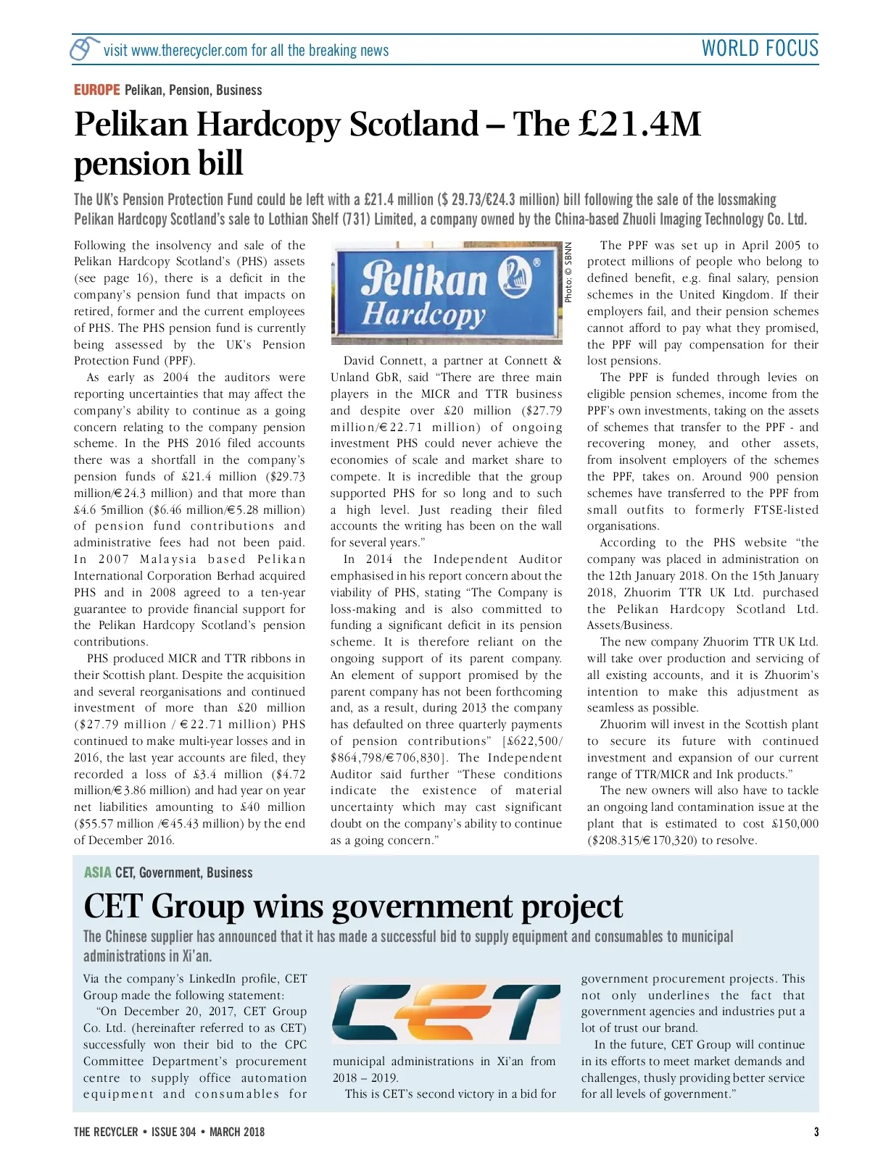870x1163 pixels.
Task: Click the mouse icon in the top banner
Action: click(x=85, y=49)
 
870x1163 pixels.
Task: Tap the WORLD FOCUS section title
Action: click(x=760, y=49)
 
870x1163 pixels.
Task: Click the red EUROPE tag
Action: click(x=96, y=90)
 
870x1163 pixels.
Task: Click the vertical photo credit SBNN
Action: click(x=568, y=272)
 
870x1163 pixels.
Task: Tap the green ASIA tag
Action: click(x=97, y=872)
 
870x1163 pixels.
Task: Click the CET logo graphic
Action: click(x=446, y=1013)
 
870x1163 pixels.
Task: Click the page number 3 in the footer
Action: click(x=816, y=1132)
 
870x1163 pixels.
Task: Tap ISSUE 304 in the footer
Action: click(x=173, y=1132)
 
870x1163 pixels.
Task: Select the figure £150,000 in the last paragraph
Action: click(x=795, y=824)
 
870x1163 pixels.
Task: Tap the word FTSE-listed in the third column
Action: click(x=786, y=510)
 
